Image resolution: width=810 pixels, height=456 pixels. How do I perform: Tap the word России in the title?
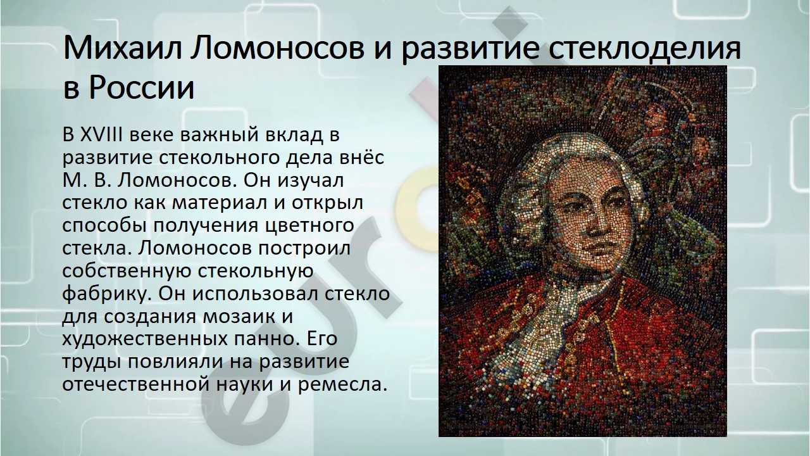click(142, 88)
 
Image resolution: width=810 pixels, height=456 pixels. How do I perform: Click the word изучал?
click(310, 180)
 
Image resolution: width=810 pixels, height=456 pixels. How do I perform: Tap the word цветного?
click(309, 226)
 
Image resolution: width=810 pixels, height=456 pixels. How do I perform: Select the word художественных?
click(145, 339)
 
